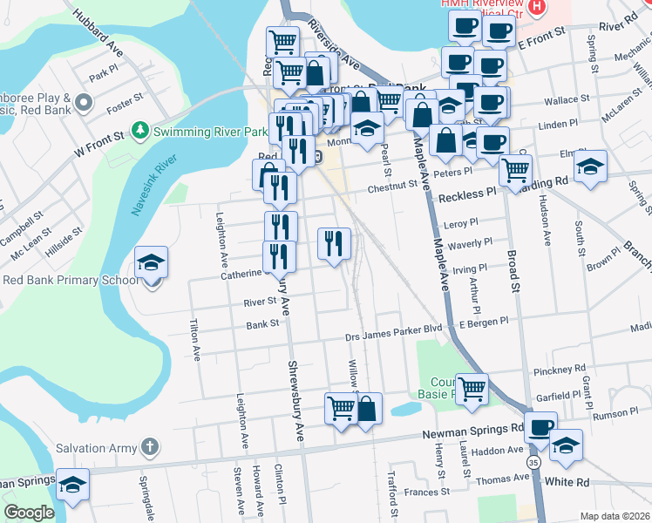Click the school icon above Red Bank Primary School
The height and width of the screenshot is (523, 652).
pyautogui.click(x=151, y=263)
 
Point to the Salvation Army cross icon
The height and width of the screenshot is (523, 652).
pyautogui.click(x=150, y=448)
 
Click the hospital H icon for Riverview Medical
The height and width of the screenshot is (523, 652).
pyautogui.click(x=537, y=8)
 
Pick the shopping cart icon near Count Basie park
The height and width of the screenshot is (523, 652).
pyautogui.click(x=472, y=389)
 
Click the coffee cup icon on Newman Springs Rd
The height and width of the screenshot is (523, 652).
pyautogui.click(x=540, y=427)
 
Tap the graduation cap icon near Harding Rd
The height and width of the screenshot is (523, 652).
pyautogui.click(x=591, y=168)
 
